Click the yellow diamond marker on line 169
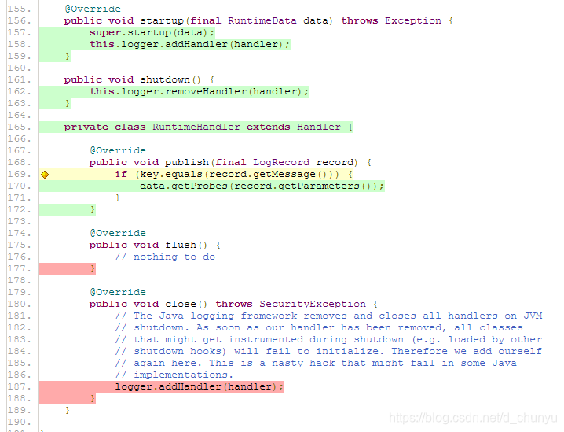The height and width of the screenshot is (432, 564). (44, 174)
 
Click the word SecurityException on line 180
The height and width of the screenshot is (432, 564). (313, 304)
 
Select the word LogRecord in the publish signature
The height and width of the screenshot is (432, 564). (281, 162)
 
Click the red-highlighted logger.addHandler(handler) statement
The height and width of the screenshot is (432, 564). (199, 386)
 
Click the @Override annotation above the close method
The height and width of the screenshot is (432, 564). (118, 292)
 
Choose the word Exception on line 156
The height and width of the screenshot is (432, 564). (413, 20)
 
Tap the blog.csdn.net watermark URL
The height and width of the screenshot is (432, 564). (473, 418)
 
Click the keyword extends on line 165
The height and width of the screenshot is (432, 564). (269, 127)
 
